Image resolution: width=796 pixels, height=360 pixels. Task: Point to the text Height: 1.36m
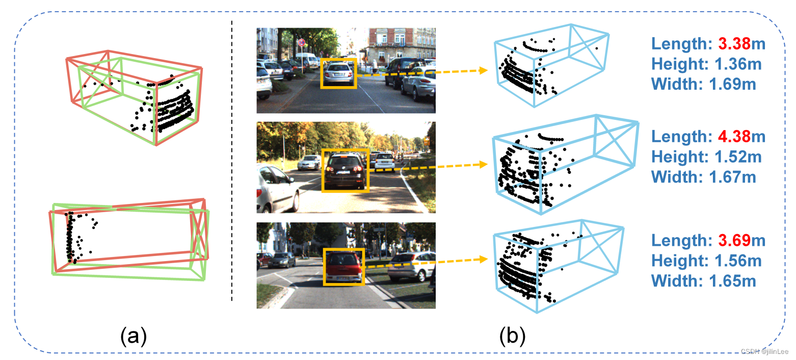pos(706,64)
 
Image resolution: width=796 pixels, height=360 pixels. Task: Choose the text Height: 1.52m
pos(706,157)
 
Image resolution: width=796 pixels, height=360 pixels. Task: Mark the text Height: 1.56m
pos(706,261)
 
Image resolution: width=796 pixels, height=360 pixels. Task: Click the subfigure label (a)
pos(134,337)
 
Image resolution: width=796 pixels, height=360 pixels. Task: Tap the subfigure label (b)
pos(512,337)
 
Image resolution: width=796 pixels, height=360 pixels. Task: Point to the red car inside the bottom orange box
pos(344,267)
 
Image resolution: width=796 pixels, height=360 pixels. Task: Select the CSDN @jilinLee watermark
pos(764,351)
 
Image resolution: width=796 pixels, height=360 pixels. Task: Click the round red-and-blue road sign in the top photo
pos(302,42)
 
